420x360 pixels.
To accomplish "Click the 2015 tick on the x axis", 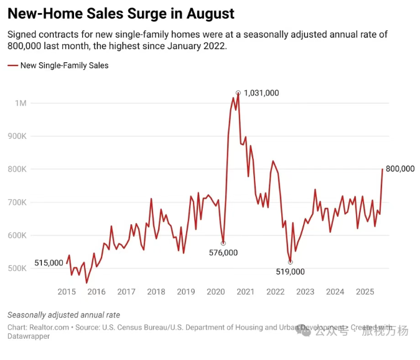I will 67,291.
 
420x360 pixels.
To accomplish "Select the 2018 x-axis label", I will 156,291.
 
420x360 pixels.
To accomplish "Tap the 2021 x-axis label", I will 246,291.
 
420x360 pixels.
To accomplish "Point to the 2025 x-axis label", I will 365,291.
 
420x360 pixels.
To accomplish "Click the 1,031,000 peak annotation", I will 261,93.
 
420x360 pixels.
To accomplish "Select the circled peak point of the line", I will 238,93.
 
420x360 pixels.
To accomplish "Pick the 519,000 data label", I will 290,272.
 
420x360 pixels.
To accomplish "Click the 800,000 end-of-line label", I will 400,169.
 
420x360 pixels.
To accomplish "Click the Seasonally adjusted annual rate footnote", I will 63,315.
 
